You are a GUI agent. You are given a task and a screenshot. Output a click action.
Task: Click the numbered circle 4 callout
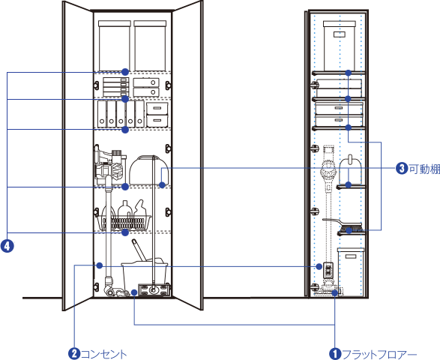7,246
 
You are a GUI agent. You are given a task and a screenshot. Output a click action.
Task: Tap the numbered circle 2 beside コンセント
74,353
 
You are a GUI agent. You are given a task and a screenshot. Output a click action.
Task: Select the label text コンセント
104,354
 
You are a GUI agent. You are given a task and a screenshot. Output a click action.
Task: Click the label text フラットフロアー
379,354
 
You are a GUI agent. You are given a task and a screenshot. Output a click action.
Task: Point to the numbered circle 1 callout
335,354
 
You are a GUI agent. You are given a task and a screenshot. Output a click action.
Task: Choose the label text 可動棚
424,169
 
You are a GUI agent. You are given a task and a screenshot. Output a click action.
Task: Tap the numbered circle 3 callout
402,169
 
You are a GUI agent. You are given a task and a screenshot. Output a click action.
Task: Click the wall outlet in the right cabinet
328,270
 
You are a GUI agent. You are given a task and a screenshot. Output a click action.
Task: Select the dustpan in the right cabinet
349,171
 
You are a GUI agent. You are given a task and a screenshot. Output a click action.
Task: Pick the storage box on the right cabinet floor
351,271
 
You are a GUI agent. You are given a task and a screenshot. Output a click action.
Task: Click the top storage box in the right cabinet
340,46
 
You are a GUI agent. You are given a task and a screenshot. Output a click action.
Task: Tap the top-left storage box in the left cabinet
115,46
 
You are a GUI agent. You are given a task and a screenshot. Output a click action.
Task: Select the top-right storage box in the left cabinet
150,46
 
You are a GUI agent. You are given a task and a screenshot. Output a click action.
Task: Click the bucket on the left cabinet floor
145,277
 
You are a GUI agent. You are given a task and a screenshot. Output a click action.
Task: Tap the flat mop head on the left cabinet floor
154,289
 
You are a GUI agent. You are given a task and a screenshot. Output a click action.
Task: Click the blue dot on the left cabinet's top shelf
125,72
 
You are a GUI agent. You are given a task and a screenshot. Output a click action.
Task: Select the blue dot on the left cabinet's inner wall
100,265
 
